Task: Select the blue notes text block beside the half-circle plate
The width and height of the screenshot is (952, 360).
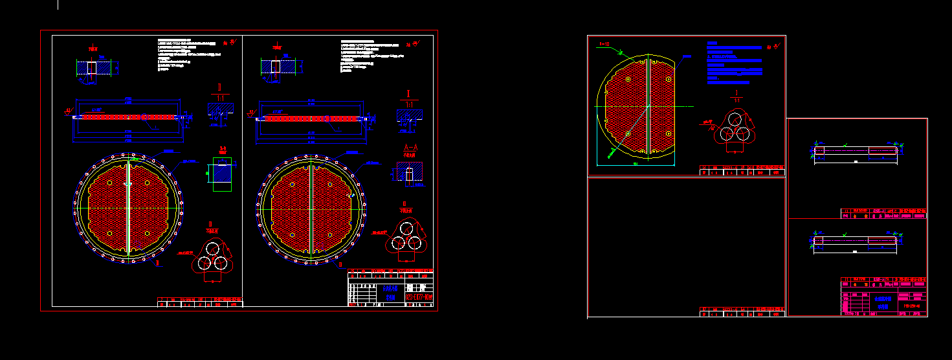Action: (x=734, y=63)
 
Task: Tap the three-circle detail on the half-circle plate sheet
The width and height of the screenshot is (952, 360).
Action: (x=735, y=127)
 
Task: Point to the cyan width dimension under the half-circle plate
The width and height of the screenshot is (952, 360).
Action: (x=636, y=164)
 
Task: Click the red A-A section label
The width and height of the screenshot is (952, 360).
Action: (x=409, y=150)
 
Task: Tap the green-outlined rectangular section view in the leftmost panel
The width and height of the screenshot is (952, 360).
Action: (x=221, y=173)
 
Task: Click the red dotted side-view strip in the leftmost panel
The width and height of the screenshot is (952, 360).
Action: (x=128, y=118)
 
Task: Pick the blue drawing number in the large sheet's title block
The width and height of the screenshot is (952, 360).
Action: (x=419, y=298)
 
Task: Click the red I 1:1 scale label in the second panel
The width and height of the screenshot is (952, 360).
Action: (x=408, y=97)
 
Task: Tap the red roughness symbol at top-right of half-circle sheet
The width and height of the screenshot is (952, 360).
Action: (x=773, y=47)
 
